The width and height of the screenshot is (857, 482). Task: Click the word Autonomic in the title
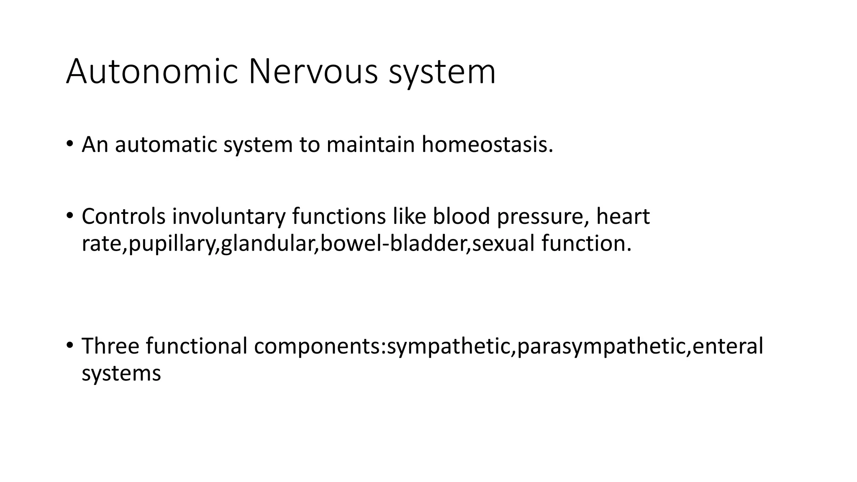point(152,72)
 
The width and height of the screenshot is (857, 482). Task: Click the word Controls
point(123,217)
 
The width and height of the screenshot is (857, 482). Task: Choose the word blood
point(462,217)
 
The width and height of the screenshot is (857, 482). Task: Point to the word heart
point(623,217)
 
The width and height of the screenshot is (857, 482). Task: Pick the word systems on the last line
point(121,373)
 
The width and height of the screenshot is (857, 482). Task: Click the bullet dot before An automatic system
point(69,144)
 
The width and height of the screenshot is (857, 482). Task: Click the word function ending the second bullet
point(586,244)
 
